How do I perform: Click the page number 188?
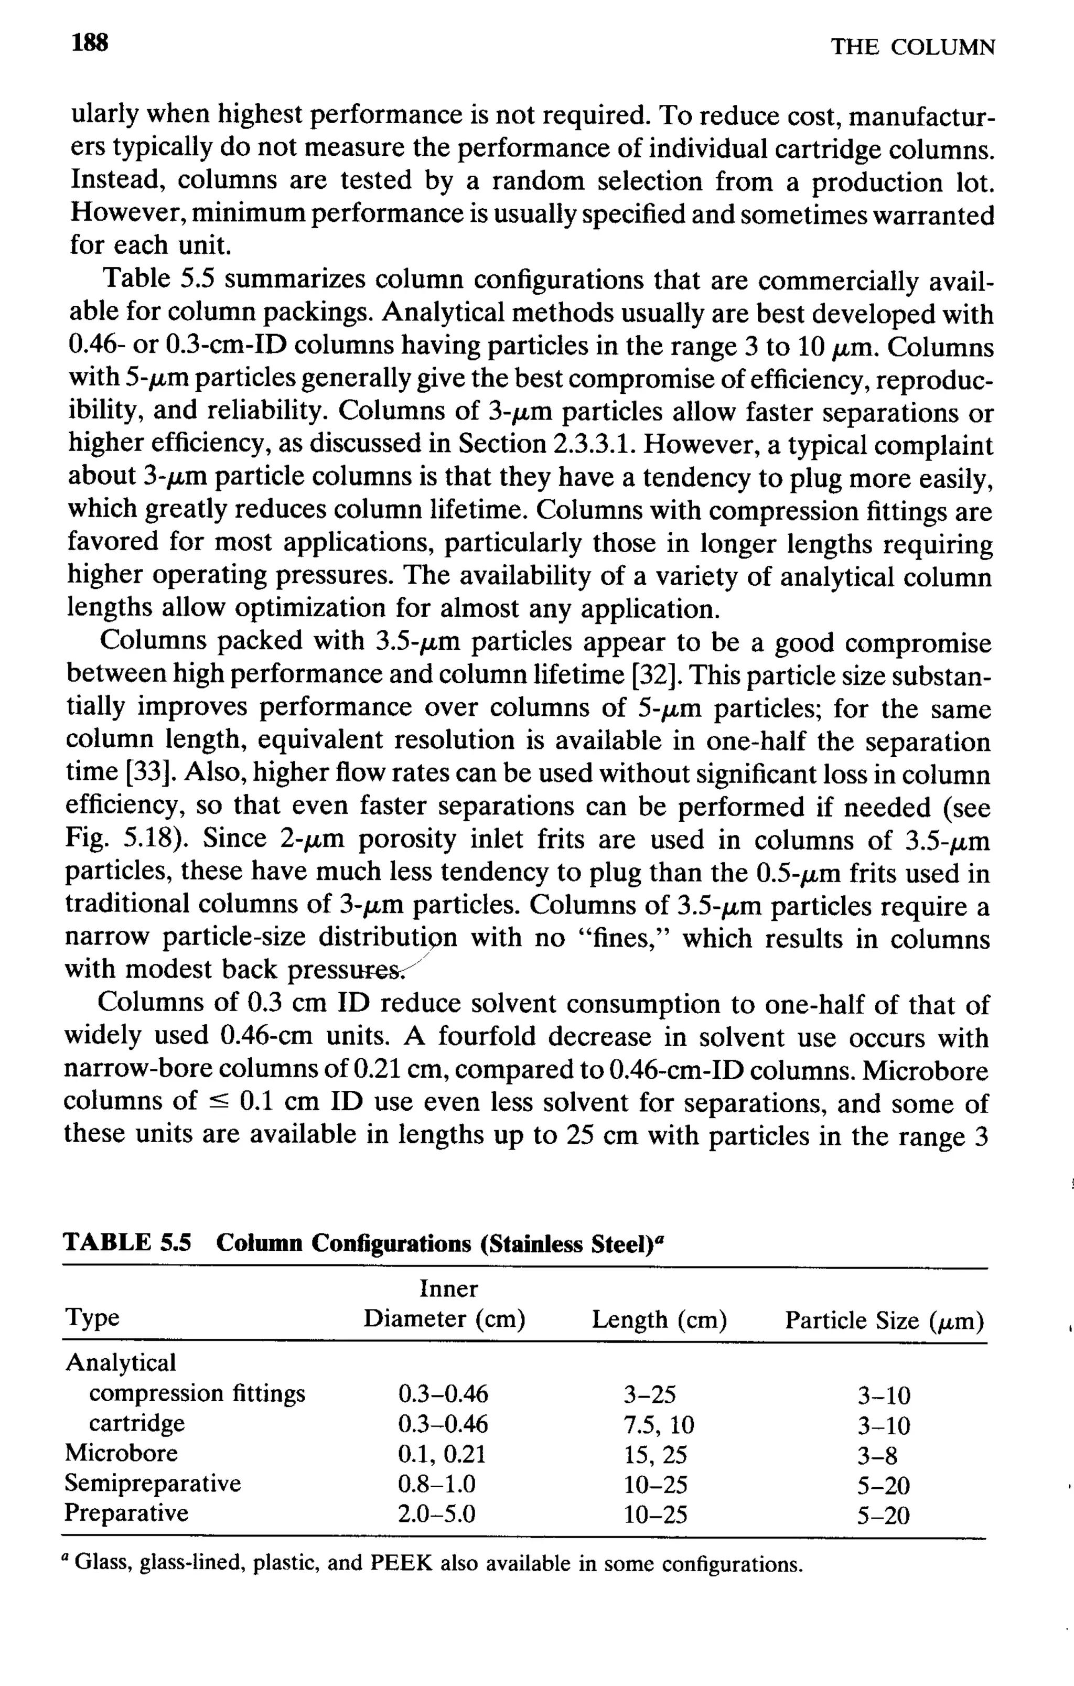click(x=90, y=44)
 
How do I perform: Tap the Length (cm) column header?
click(x=659, y=1320)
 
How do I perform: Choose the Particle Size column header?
click(x=884, y=1321)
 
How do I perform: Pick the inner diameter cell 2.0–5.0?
click(x=436, y=1515)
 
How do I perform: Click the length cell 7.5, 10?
click(x=659, y=1424)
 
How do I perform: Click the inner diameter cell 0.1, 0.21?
click(x=441, y=1454)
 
